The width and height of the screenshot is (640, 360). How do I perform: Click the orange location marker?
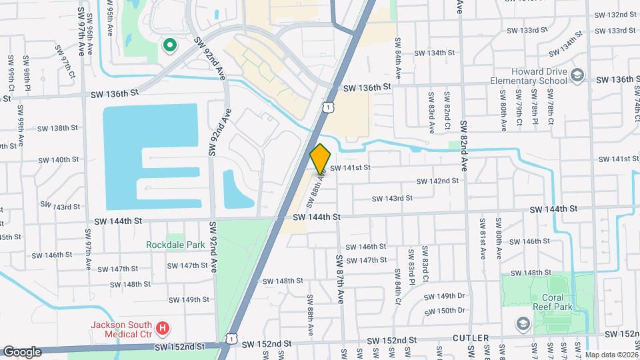pos(321,159)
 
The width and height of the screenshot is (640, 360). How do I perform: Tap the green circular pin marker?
pos(170,45)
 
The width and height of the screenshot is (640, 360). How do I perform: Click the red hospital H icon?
pos(163,327)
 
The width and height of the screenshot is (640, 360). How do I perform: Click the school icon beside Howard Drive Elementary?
pos(578,76)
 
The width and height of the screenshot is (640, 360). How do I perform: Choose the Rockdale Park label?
pos(175,245)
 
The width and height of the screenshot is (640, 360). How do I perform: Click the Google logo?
pos(22,351)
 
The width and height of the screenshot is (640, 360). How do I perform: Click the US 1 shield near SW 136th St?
pos(327,107)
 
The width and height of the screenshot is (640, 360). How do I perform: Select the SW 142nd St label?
pos(437,181)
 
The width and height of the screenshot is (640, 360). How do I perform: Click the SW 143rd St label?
pos(392,198)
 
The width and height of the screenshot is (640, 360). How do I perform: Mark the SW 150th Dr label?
pos(446,310)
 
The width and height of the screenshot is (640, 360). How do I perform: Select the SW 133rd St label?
pos(527,30)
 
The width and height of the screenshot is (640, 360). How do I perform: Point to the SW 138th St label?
pos(58,128)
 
